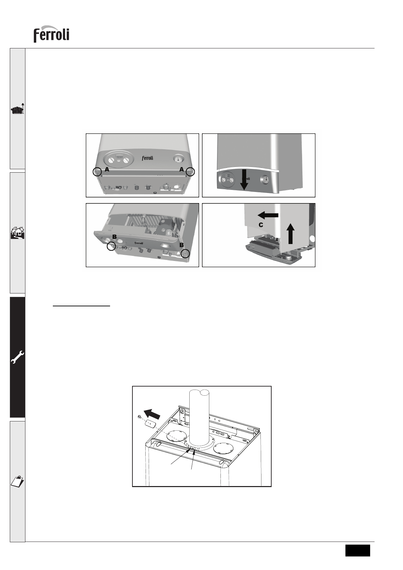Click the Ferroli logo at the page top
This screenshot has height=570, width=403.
[x=51, y=34]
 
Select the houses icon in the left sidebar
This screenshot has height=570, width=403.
[x=18, y=232]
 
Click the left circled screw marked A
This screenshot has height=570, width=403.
[x=97, y=172]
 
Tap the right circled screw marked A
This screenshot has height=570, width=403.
[x=190, y=172]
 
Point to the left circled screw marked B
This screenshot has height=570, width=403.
[x=111, y=246]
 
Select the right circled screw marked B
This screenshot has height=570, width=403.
[x=185, y=254]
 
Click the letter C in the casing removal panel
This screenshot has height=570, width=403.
[x=261, y=225]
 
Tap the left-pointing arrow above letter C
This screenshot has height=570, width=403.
[x=268, y=216]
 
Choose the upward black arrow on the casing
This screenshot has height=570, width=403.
[x=291, y=233]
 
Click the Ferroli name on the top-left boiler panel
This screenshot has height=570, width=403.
[x=148, y=158]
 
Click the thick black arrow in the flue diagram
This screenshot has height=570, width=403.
[x=152, y=414]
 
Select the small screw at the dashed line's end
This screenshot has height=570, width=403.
[x=139, y=417]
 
